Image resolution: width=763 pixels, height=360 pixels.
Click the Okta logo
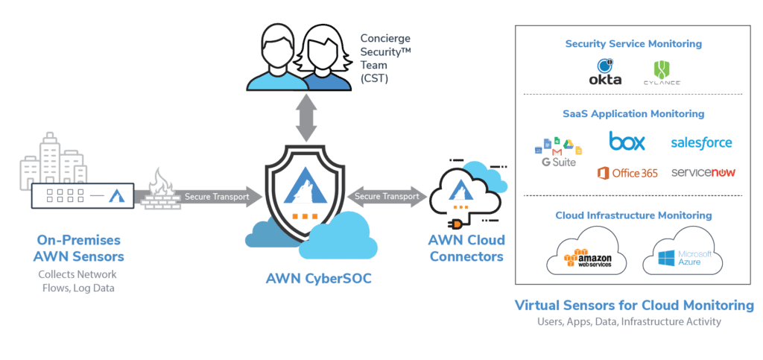(605, 72)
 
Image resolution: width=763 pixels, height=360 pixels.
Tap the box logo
(627, 141)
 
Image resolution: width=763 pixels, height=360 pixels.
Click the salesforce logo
(701, 142)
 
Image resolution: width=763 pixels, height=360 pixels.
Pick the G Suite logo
(558, 151)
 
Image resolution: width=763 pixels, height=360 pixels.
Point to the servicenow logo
(703, 172)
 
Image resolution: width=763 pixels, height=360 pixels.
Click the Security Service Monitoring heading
(633, 44)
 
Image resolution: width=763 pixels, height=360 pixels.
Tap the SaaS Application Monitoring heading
(633, 114)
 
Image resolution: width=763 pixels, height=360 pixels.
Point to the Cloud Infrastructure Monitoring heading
(633, 215)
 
